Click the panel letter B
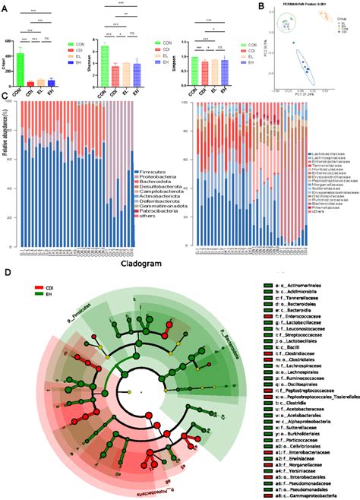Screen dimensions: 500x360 [x=261, y=7]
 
